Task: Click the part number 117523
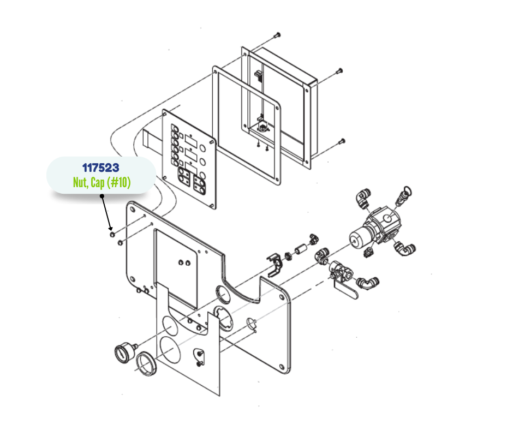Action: click(100, 168)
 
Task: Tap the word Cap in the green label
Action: click(98, 183)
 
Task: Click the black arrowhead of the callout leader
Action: click(110, 228)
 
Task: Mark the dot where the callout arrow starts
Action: click(102, 196)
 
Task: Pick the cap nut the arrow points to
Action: click(112, 234)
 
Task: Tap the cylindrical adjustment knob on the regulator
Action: click(358, 237)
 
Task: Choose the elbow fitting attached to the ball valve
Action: click(368, 282)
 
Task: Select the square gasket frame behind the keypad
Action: click(247, 126)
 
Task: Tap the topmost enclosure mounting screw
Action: click(278, 34)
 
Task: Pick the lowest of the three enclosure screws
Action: click(342, 141)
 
